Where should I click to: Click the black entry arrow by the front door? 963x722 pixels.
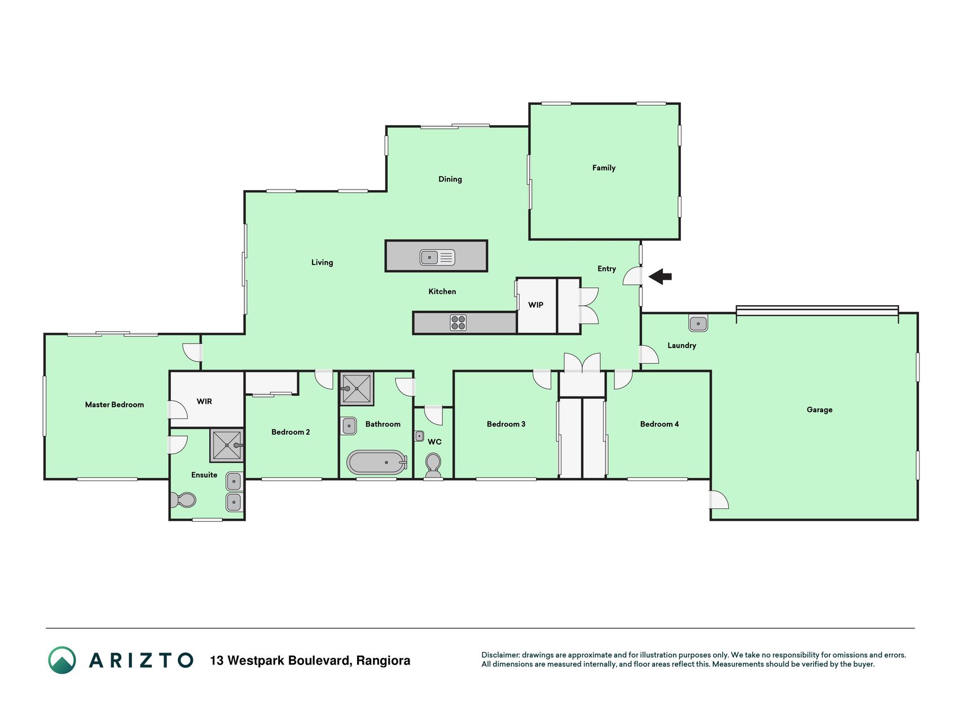click(660, 276)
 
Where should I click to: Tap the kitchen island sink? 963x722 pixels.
click(437, 257)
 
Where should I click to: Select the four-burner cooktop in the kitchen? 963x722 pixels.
click(458, 323)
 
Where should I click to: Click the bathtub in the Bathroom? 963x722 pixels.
click(377, 463)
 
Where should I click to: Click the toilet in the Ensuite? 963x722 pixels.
click(183, 500)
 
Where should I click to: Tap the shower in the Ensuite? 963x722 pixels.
click(227, 445)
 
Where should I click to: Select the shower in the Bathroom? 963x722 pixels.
click(357, 388)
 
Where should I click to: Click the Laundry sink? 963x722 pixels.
click(698, 323)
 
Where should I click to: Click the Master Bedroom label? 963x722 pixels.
click(115, 404)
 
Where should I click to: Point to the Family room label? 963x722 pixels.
click(604, 168)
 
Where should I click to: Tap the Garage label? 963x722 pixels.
click(819, 410)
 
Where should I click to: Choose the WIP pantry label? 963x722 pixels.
click(535, 305)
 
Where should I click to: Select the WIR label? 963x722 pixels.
click(204, 401)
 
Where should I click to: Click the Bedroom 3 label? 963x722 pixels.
click(506, 424)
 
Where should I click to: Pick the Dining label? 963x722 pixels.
click(450, 179)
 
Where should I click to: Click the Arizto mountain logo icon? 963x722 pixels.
click(62, 660)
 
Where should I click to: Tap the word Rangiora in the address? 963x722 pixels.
click(383, 661)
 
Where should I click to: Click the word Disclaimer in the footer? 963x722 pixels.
click(500, 655)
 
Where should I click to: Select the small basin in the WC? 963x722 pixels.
click(419, 436)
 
